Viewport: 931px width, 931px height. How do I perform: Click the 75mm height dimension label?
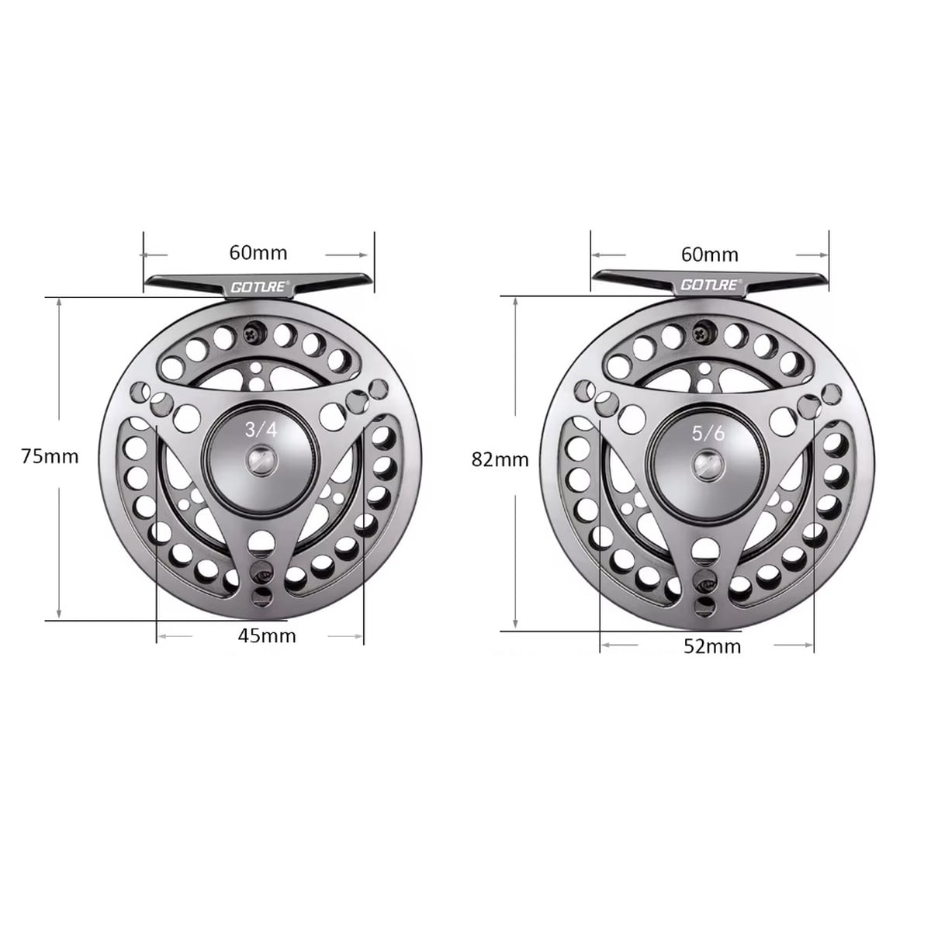pyautogui.click(x=50, y=456)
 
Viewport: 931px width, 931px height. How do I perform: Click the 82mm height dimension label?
pyautogui.click(x=500, y=460)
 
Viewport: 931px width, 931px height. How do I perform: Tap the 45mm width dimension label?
pyautogui.click(x=267, y=636)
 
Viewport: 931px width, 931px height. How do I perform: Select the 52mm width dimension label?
pyautogui.click(x=712, y=647)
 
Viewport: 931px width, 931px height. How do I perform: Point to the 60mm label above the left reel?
pyautogui.click(x=258, y=253)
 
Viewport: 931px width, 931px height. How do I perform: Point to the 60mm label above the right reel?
pyautogui.click(x=710, y=254)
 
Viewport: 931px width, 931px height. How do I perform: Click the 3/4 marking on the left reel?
pyautogui.click(x=261, y=430)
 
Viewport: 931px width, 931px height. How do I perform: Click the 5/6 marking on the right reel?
pyautogui.click(x=708, y=434)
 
